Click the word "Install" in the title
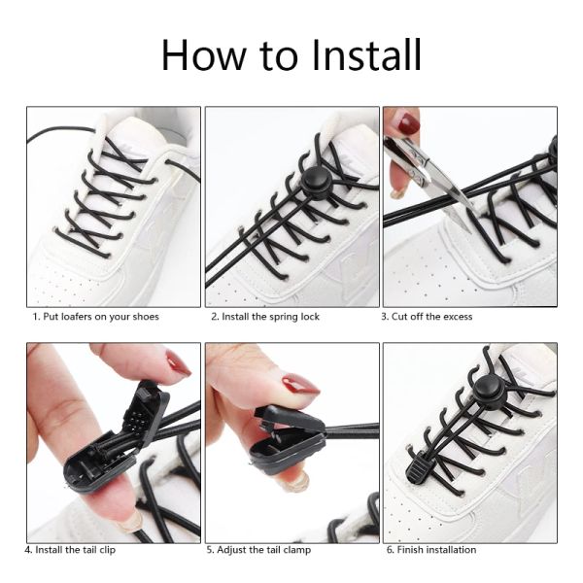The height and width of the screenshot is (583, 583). coord(366,54)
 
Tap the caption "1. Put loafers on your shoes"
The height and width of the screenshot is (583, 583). coord(95,317)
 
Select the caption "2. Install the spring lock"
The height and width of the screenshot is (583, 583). coord(265,317)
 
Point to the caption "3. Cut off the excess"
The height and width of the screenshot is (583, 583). coord(427,317)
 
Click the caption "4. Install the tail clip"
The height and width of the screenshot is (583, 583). coord(70,550)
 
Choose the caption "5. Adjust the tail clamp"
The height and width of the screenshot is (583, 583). coord(258,550)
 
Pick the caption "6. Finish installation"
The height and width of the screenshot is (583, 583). coord(431,550)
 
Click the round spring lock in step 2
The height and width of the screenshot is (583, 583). coord(316,183)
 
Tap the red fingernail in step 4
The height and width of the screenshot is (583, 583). coord(178,363)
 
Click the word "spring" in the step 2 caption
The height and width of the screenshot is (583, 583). coord(283,318)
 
